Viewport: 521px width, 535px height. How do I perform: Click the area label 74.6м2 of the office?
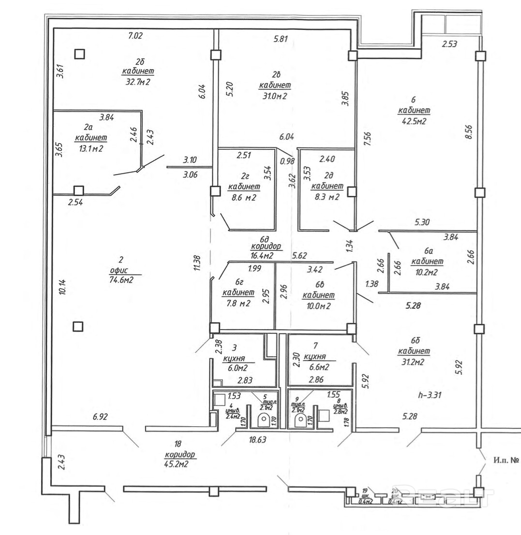(121, 279)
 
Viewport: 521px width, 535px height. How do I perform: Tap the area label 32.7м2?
(138, 82)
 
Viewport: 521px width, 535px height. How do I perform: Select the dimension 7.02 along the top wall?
(136, 35)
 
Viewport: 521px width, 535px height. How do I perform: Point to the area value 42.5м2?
(413, 121)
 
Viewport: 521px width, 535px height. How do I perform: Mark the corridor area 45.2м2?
(176, 464)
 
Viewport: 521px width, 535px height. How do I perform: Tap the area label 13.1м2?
(90, 149)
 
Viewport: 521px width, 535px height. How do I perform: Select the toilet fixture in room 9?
(300, 419)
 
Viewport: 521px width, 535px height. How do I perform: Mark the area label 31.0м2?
(273, 96)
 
